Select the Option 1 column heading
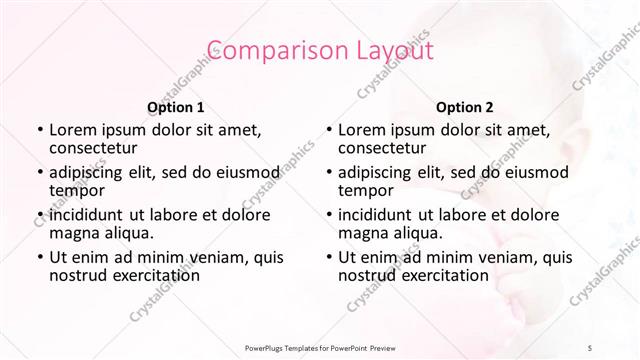coord(175,106)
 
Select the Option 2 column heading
coord(464,106)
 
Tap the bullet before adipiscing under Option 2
coord(327,172)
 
